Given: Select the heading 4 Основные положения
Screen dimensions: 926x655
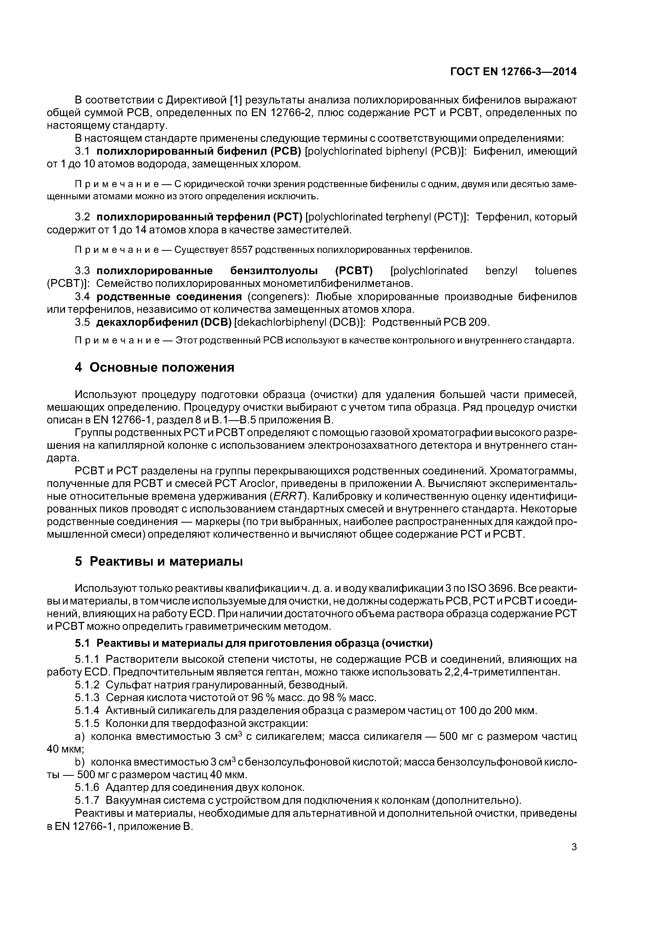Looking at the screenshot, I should click(155, 367).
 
